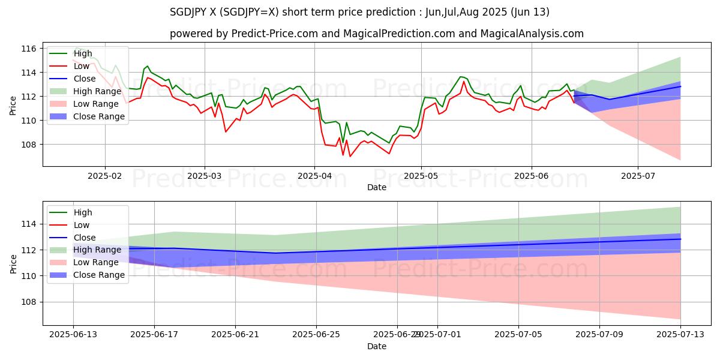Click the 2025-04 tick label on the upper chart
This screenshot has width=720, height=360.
314,176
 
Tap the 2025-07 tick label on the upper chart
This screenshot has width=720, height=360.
637,176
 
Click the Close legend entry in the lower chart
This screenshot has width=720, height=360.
84,238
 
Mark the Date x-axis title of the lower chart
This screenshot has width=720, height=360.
377,347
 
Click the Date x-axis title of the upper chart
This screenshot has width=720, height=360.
377,187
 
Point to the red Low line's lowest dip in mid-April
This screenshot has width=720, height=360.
350,157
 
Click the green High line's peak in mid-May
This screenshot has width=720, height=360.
461,77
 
